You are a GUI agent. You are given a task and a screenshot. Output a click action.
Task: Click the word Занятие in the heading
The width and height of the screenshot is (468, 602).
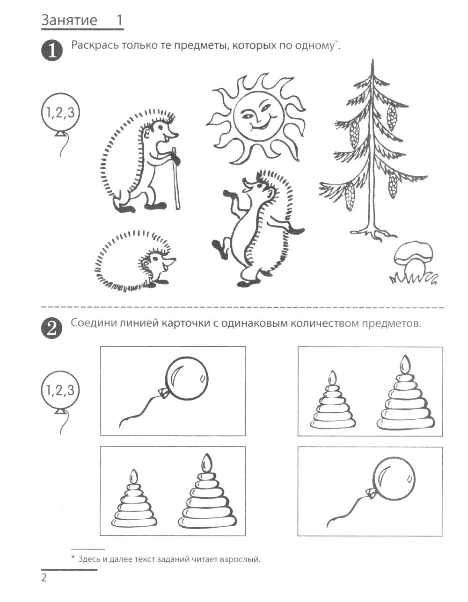coord(69,21)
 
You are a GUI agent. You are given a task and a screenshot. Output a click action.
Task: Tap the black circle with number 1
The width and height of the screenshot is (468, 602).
coord(52,50)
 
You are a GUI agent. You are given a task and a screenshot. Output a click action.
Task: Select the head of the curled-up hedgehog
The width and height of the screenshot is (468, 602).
coord(157,266)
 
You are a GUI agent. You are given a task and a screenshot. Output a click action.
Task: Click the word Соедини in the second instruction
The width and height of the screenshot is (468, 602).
coord(94,323)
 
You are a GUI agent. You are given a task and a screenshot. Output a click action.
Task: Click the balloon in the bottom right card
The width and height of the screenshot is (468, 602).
coord(394,479)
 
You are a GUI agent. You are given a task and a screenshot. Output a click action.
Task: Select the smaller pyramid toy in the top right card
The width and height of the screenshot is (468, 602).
coord(332,402)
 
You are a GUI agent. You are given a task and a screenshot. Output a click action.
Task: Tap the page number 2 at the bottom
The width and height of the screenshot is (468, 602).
coord(44,579)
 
